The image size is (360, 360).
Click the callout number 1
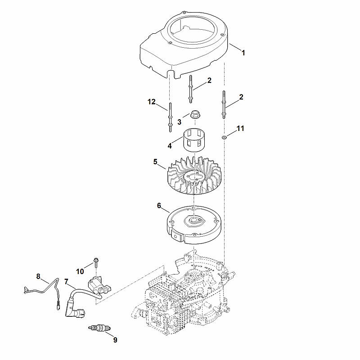(243, 53)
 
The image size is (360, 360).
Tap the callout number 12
(152, 102)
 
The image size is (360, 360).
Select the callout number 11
(240, 128)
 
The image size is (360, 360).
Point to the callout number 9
(115, 340)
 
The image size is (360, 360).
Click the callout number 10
(80, 272)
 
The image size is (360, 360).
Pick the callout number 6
(159, 206)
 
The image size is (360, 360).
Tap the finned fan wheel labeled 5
(194, 175)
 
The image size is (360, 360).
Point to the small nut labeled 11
(224, 137)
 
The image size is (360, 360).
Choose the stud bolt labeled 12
(171, 117)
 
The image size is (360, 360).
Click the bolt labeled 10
(96, 263)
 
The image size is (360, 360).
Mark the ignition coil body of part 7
(99, 285)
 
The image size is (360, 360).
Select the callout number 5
(155, 162)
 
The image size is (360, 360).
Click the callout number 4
(170, 146)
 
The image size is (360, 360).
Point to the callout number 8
(38, 276)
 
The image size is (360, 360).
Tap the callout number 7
(66, 282)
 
